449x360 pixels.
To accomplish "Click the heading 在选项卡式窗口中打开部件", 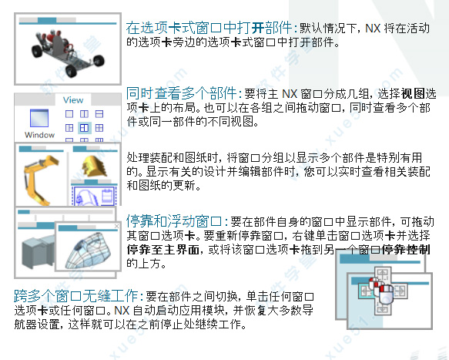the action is point(209,28).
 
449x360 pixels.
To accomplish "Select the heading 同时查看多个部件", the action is point(181,93).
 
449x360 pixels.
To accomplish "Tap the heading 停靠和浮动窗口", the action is point(174,220).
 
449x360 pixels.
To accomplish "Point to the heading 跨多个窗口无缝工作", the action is point(76,295).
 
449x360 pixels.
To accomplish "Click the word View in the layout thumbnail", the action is point(73,100).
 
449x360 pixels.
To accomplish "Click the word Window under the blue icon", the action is point(39,135).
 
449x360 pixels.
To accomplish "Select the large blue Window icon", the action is point(39,118).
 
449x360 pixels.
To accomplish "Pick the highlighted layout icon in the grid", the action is point(84,127).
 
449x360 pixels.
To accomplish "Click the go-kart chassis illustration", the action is point(68,52).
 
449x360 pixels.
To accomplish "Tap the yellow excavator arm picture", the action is point(40,180).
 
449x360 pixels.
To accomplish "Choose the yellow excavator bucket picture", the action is point(95,167).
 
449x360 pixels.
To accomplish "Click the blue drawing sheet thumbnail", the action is point(95,196).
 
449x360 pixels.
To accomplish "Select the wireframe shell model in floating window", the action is point(88,251).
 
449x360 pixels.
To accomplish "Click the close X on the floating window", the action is point(116,226).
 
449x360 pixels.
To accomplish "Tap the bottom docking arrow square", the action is point(383,309).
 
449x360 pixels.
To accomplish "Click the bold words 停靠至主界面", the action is point(163,249).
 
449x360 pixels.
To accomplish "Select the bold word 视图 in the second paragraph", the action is point(413,93).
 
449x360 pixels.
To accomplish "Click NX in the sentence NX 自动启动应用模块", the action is point(122,310).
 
